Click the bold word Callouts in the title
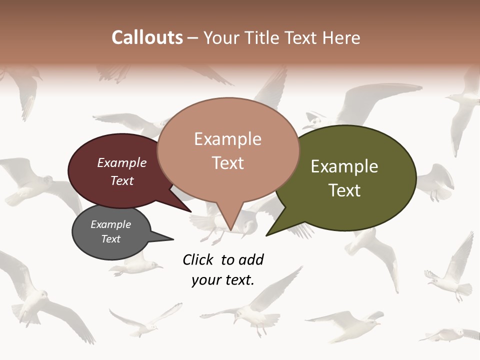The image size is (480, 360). tap(147, 37)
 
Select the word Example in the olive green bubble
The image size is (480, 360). tap(344, 166)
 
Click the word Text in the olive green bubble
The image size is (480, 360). tap(344, 190)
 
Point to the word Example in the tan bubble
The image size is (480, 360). tap(227, 139)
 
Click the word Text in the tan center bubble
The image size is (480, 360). tap(227, 163)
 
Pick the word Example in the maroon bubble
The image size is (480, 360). tap(122, 162)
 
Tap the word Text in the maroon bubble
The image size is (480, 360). tap(122, 180)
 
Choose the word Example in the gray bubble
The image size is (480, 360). tap(110, 224)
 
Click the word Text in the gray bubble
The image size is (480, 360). tap(110, 239)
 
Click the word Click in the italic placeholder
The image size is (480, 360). tap(198, 259)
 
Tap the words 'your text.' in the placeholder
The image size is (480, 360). tap(223, 280)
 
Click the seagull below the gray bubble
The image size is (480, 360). tap(135, 267)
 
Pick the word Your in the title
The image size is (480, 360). tap(221, 37)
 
